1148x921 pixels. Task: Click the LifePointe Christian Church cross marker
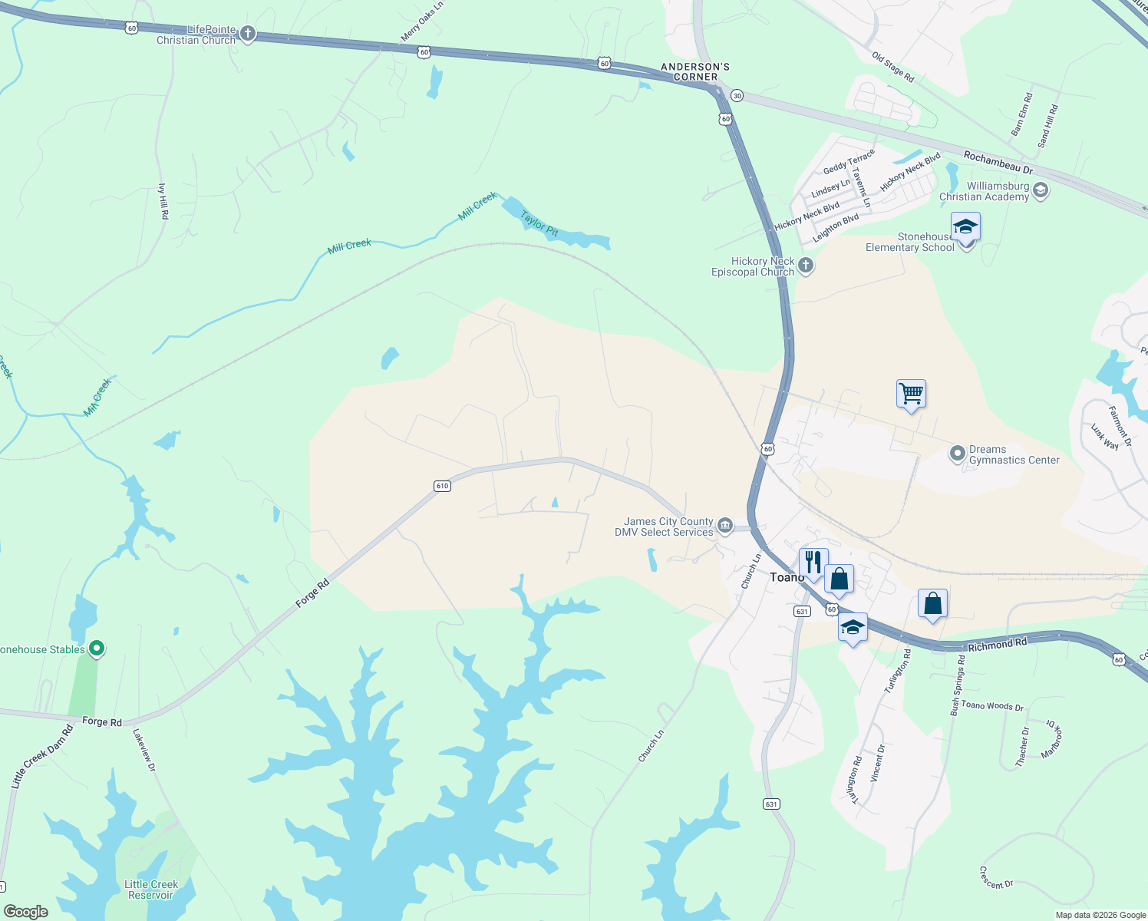pyautogui.click(x=247, y=34)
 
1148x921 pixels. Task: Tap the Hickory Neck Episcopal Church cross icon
pyautogui.click(x=805, y=266)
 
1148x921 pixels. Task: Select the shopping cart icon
pyautogui.click(x=911, y=394)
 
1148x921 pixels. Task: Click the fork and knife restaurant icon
pyautogui.click(x=813, y=562)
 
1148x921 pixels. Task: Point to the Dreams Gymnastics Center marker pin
pyautogui.click(x=957, y=454)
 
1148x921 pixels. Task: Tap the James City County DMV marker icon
pyautogui.click(x=724, y=526)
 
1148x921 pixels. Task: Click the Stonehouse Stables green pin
pyautogui.click(x=97, y=649)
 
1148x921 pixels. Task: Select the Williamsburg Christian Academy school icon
pyautogui.click(x=1041, y=190)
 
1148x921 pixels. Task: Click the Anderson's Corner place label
pyautogui.click(x=695, y=71)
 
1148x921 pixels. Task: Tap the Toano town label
pyautogui.click(x=786, y=577)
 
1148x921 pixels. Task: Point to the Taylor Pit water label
pyautogui.click(x=539, y=222)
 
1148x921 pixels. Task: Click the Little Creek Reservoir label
pyautogui.click(x=151, y=890)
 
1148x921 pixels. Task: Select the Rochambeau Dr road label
pyautogui.click(x=998, y=162)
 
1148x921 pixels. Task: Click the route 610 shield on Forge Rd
pyautogui.click(x=442, y=486)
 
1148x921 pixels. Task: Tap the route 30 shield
pyautogui.click(x=737, y=95)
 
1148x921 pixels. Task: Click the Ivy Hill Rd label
pyautogui.click(x=163, y=201)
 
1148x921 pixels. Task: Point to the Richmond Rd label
pyautogui.click(x=997, y=645)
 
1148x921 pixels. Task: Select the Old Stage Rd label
pyautogui.click(x=893, y=67)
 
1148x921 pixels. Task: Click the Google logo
pyautogui.click(x=26, y=911)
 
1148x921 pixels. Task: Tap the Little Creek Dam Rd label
pyautogui.click(x=42, y=756)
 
